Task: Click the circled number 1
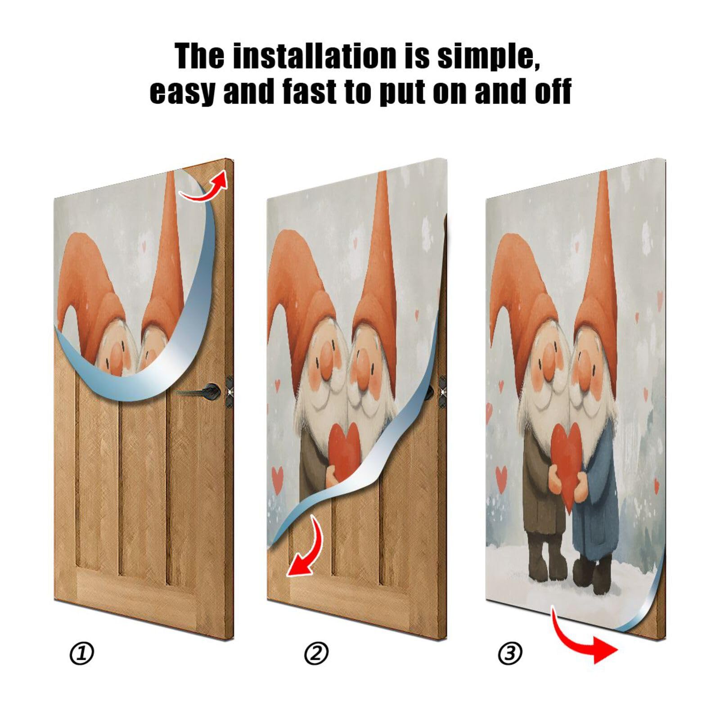pyautogui.click(x=82, y=653)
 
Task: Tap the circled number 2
pyautogui.click(x=316, y=653)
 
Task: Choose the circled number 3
pyautogui.click(x=510, y=653)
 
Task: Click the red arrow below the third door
pyautogui.click(x=585, y=639)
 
